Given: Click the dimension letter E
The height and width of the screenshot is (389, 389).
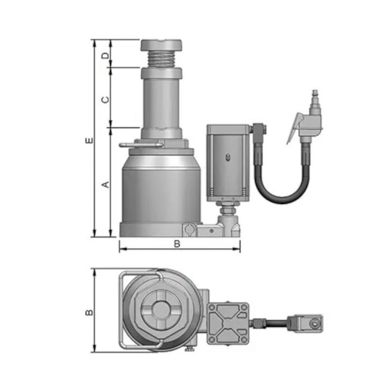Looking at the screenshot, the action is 90,140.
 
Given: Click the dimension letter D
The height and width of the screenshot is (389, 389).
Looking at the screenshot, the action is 105,56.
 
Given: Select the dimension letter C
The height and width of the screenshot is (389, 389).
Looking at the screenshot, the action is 106,99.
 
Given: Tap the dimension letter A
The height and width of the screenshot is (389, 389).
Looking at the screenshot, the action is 106,184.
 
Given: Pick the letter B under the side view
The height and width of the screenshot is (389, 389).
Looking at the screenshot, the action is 177,244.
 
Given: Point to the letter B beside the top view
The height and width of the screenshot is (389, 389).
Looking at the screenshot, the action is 89,312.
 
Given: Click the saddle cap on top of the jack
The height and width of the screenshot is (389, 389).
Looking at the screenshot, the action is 161,45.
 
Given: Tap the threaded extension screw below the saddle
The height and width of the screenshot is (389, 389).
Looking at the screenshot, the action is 161,59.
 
